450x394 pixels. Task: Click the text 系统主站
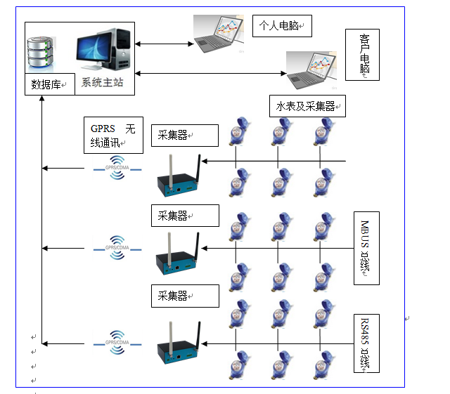tap(103, 82)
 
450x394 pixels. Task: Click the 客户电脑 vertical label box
tap(364, 56)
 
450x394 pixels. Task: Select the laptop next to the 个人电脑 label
tap(221, 35)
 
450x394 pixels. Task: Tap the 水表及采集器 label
tap(307, 107)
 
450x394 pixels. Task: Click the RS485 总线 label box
tap(366, 344)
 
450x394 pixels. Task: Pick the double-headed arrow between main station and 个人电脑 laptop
tap(164, 44)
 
